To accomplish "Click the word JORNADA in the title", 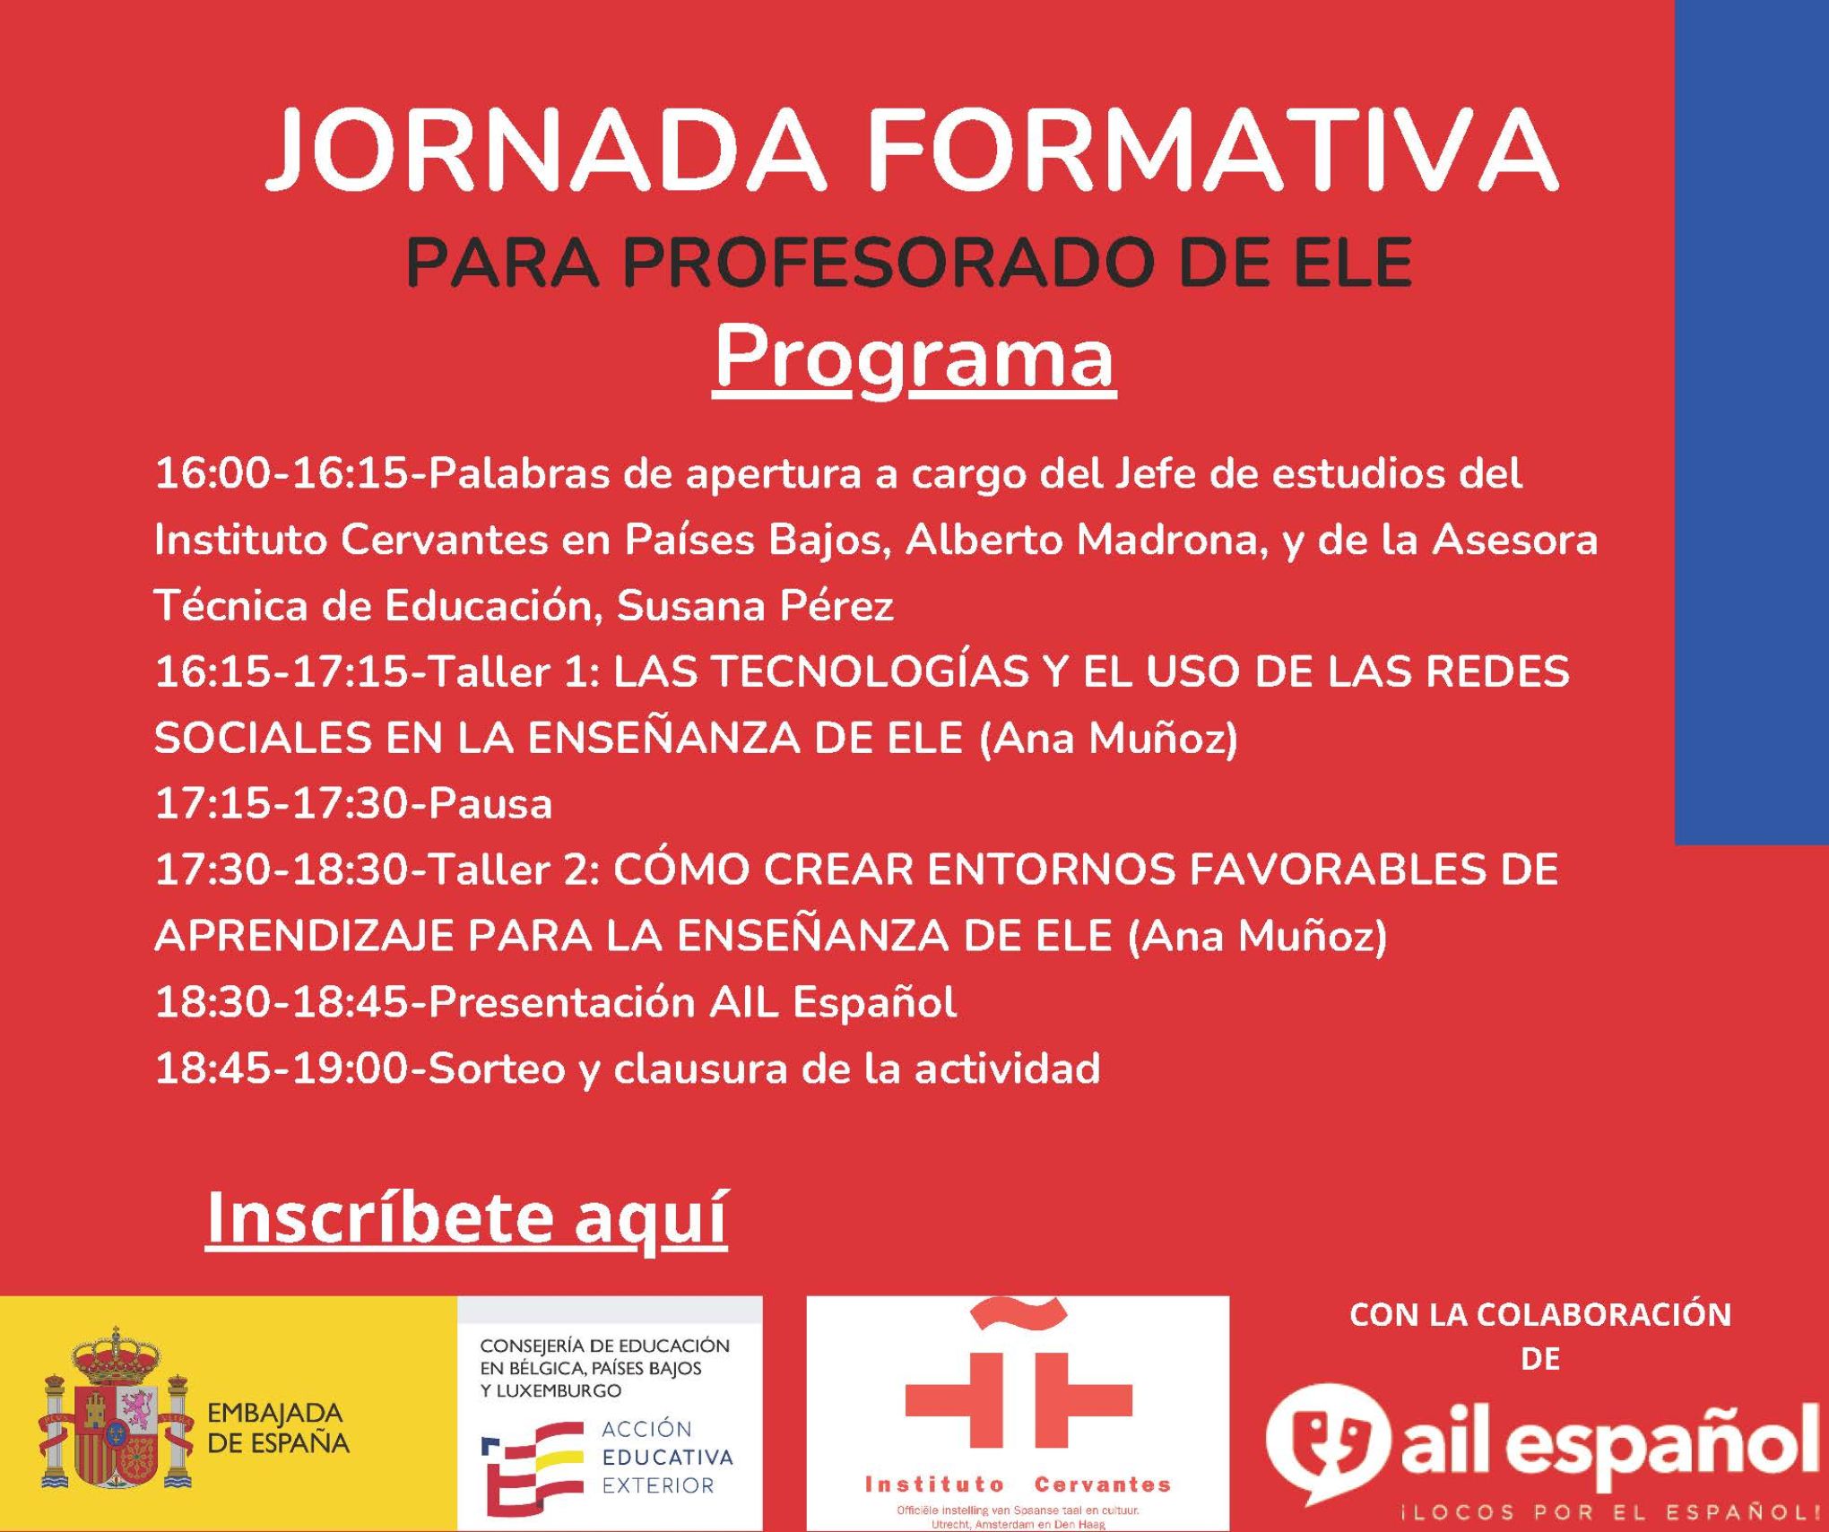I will (544, 150).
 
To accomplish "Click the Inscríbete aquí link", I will (466, 1216).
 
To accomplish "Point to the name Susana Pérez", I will (755, 607).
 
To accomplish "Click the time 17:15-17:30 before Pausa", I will (282, 804).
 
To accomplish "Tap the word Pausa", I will (490, 804).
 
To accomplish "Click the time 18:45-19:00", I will (282, 1069).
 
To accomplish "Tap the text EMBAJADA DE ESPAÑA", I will (278, 1428).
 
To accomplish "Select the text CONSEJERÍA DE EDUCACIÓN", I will (605, 1346).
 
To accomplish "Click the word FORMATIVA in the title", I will (1213, 150).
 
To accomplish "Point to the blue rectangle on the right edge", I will (1751, 421).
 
